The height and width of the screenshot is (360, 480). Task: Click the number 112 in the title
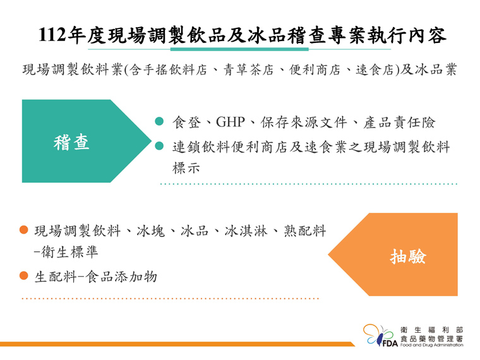coord(52,34)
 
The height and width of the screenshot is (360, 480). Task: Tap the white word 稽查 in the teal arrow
coord(71,142)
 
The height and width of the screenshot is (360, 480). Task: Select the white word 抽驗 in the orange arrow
coord(408,256)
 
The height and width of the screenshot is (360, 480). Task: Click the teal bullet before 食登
coord(159,121)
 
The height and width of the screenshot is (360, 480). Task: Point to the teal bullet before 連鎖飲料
coord(159,146)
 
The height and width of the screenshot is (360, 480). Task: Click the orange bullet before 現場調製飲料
coord(24,230)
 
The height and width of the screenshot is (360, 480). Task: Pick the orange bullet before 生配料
coord(24,275)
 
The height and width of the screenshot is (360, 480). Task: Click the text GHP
coord(230,122)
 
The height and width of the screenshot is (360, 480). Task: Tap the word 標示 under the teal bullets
coord(186,168)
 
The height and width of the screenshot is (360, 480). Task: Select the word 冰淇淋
coord(246,231)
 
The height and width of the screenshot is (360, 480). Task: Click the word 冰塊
coord(150,231)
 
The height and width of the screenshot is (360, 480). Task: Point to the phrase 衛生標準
coord(70,252)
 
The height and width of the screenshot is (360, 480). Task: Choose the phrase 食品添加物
coord(121,277)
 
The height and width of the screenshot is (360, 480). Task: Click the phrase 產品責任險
coord(399,123)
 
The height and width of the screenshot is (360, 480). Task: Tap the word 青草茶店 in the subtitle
coord(248,70)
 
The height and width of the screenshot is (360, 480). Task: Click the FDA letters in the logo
coord(390,343)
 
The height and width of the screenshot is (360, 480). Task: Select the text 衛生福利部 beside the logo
coord(431,330)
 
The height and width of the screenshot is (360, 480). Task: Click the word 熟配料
coord(305,231)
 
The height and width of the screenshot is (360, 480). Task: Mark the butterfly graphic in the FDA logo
coord(379,335)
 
